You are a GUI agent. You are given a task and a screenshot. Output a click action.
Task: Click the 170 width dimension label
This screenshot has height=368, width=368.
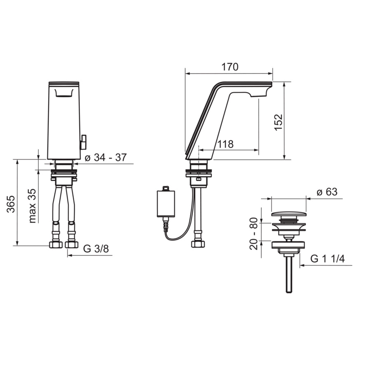(230, 67)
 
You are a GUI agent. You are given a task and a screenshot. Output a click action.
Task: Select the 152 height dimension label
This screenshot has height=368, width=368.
(278, 122)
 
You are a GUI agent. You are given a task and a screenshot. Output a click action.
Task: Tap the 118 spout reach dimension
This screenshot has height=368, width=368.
(226, 144)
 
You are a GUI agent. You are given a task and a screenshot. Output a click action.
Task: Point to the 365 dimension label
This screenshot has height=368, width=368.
(11, 204)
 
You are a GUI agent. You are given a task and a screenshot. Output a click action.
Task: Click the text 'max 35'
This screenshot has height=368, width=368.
(32, 206)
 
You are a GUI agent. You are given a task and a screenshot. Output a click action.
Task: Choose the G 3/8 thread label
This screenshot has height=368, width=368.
(96, 248)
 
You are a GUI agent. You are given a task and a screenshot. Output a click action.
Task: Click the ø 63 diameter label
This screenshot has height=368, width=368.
(327, 192)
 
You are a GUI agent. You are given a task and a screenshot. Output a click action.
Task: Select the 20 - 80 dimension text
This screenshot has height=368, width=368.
(254, 233)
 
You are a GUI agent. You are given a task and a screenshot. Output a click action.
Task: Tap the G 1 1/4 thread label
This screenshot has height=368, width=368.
(328, 259)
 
